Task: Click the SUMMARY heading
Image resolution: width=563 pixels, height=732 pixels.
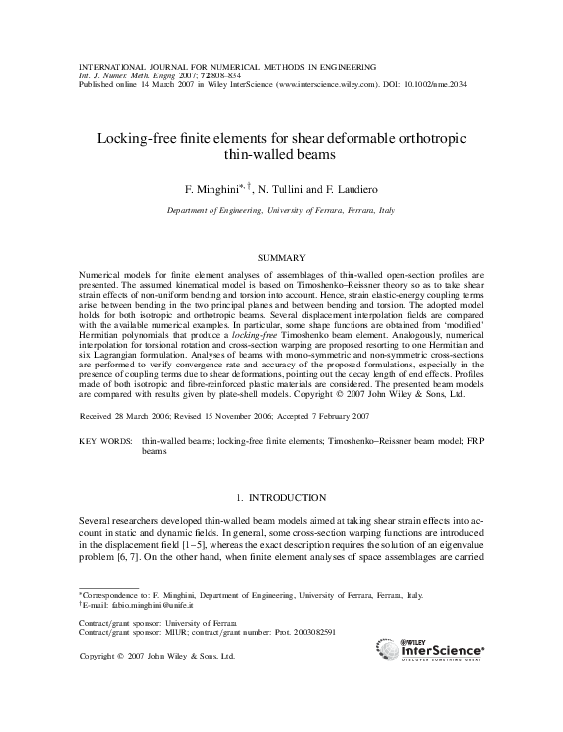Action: click(281, 257)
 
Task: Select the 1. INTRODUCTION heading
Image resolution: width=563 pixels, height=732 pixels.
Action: click(281, 497)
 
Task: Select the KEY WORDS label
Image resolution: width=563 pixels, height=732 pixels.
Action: click(105, 439)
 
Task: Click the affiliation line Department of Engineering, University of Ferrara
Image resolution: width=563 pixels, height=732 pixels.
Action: click(281, 212)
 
